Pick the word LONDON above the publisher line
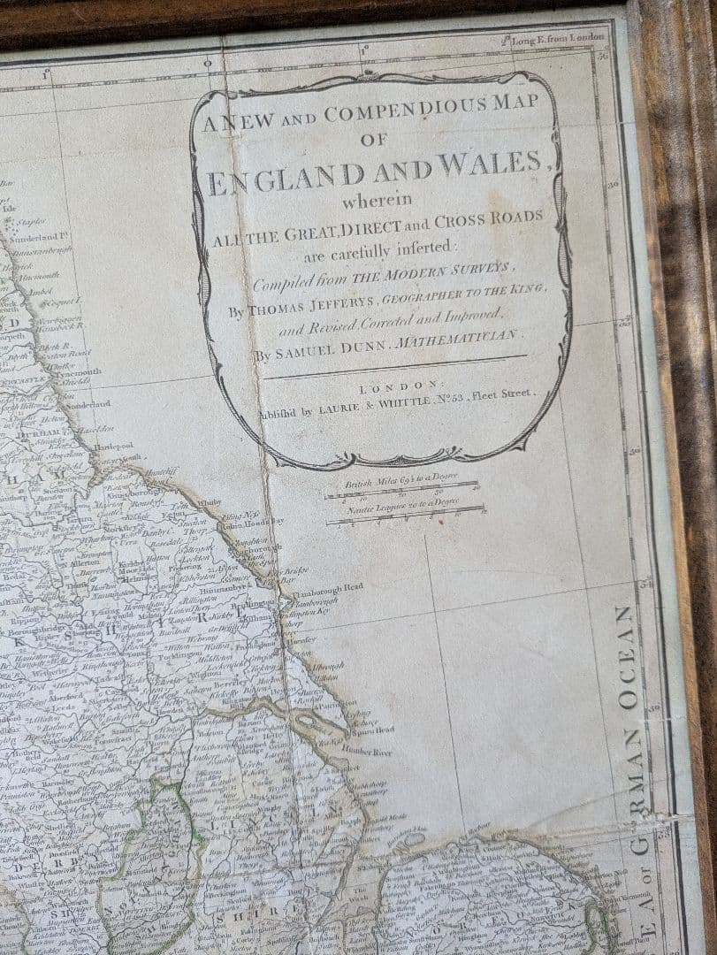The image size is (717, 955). (398, 386)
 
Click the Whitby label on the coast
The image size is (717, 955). (209, 502)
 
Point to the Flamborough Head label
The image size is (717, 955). (328, 586)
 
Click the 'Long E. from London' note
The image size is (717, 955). (554, 37)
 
